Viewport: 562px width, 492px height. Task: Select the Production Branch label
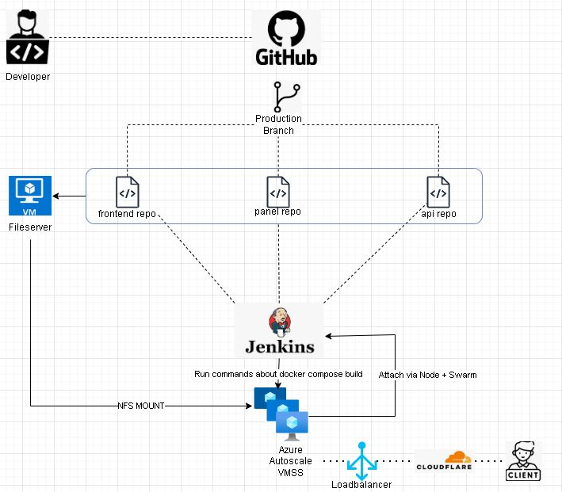[278, 124]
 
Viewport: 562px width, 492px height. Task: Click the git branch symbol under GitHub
[286, 97]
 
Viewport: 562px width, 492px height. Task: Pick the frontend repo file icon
[128, 193]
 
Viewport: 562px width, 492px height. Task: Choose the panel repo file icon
[277, 192]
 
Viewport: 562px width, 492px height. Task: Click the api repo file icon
[438, 193]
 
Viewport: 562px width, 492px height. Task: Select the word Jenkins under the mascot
[279, 346]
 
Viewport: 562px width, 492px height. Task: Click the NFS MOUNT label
[141, 406]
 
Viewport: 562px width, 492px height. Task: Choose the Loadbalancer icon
[362, 460]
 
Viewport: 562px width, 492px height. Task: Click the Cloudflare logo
[445, 461]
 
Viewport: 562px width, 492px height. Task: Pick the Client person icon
[523, 461]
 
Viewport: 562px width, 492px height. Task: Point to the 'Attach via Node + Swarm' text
[428, 374]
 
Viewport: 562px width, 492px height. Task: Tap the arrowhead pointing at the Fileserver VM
[56, 196]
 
